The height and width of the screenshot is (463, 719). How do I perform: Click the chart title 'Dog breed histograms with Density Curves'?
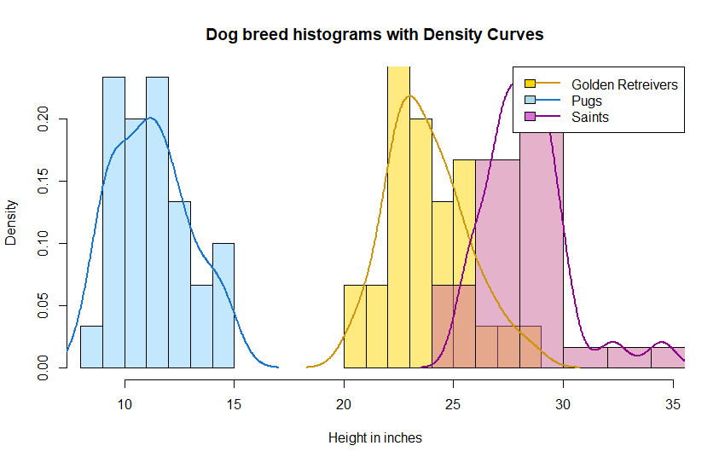click(x=374, y=35)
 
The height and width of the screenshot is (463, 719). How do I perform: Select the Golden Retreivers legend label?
click(x=624, y=84)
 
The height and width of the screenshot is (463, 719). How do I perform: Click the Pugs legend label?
click(x=587, y=101)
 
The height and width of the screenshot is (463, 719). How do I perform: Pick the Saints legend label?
click(x=590, y=117)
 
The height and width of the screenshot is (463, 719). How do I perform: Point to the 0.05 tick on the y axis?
click(x=43, y=305)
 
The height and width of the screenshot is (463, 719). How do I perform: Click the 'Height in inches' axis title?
click(x=374, y=438)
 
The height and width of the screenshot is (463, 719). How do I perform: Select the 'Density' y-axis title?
click(x=11, y=222)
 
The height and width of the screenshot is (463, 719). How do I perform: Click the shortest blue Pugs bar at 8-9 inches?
click(x=92, y=347)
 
